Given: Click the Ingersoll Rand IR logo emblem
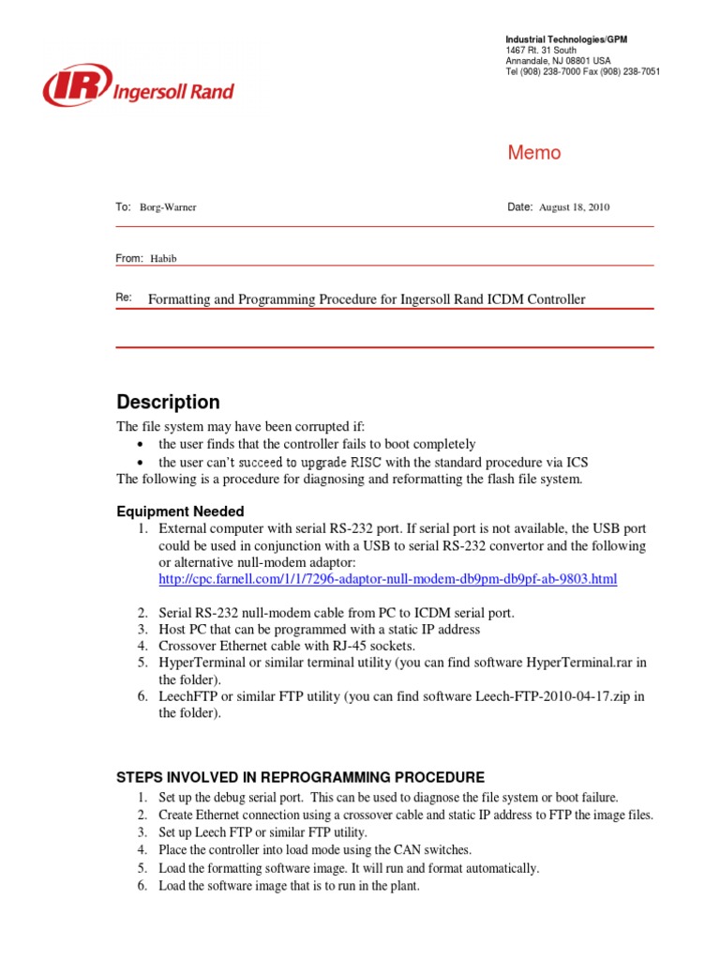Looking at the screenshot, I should [x=76, y=85].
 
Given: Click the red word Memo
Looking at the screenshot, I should [x=533, y=153].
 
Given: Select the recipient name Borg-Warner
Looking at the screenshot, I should [x=168, y=207].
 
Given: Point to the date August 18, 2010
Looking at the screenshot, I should [x=574, y=207].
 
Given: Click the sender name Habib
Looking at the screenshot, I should [x=163, y=259].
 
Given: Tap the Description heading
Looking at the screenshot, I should [x=168, y=402].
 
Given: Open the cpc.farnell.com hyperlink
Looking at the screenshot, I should [x=387, y=580].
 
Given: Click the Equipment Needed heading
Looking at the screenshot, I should [x=180, y=511].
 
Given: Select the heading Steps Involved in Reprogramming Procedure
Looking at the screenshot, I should [x=300, y=777].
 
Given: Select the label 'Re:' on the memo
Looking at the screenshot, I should [x=124, y=298].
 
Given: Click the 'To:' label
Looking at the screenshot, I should [x=123, y=206].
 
